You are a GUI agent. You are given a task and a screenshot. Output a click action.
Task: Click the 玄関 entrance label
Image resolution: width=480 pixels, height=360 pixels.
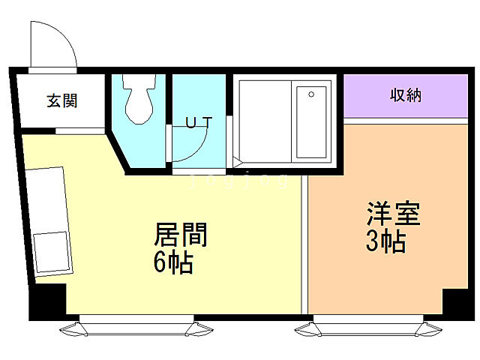click(61, 100)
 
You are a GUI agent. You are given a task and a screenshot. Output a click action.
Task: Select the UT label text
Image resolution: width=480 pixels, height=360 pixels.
click(199, 121)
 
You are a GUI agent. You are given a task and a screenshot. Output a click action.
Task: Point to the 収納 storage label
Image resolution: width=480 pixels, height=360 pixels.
click(405, 95)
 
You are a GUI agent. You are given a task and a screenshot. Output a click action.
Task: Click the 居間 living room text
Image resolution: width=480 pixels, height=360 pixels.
click(180, 235)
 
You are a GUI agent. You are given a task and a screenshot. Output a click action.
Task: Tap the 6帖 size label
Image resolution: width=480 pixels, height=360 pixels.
click(174, 263)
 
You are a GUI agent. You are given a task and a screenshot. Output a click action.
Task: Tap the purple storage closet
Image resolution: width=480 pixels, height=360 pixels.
click(405, 95)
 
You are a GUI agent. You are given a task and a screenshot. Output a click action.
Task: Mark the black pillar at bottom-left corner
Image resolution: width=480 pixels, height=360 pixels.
click(47, 301)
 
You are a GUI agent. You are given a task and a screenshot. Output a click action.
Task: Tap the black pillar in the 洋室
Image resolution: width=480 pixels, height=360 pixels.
click(454, 301)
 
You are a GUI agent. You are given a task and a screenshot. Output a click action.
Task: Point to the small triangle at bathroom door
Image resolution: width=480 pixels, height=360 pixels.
click(237, 160)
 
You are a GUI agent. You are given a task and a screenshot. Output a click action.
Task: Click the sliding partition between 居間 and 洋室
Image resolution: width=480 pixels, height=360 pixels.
click(304, 244)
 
